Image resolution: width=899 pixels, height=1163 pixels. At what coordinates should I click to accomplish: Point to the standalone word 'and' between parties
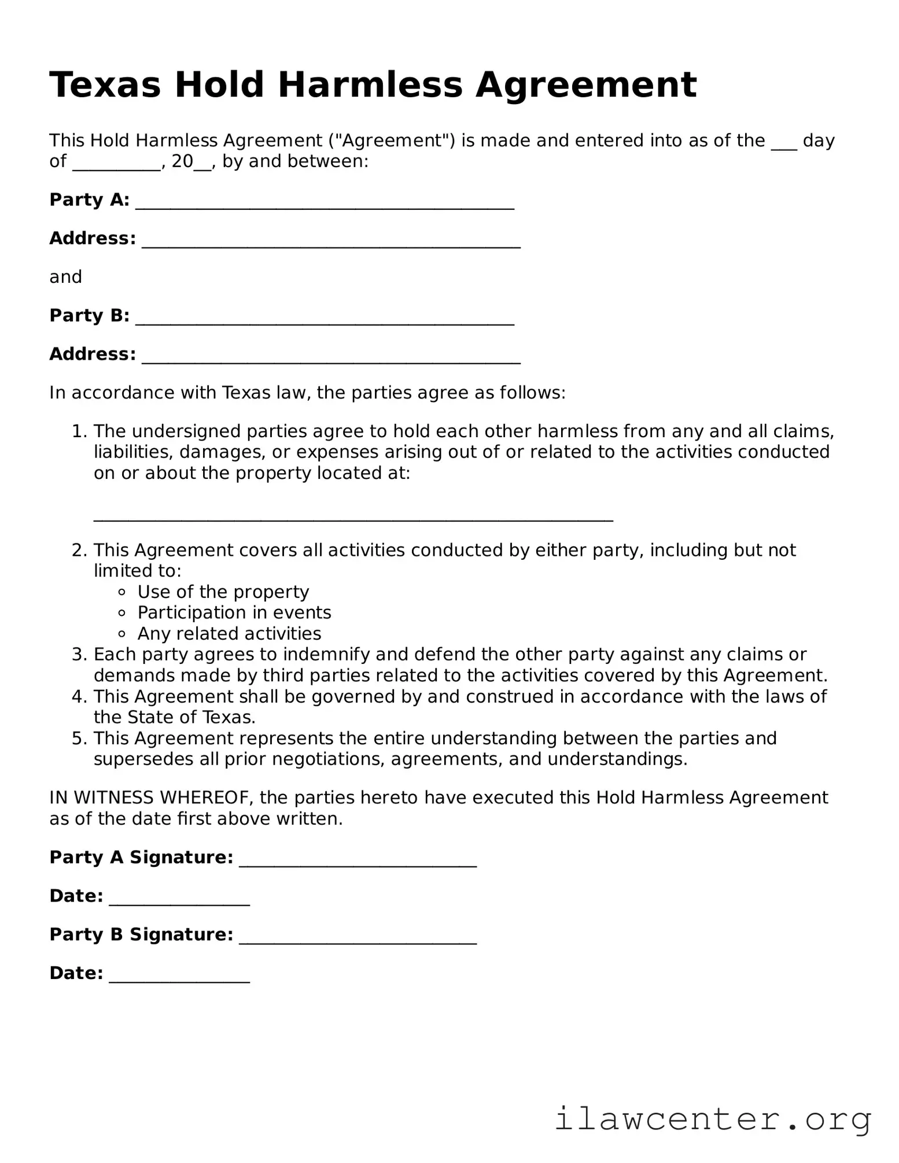tap(65, 277)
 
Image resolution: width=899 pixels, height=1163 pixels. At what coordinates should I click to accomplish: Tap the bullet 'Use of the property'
tap(223, 592)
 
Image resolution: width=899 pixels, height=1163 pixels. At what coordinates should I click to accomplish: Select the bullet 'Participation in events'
tap(234, 612)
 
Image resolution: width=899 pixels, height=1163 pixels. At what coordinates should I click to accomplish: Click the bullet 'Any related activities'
tap(229, 633)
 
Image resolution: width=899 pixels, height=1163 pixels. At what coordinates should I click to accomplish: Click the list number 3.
tap(78, 655)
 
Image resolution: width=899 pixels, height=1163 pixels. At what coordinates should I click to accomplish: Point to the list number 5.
tap(78, 739)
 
